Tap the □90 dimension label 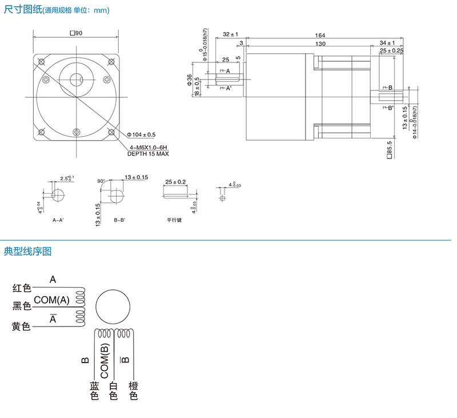click(x=76, y=33)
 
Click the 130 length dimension click(x=320, y=43)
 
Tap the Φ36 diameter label click(x=189, y=79)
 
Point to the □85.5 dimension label click(x=390, y=149)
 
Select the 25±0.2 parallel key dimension click(x=175, y=182)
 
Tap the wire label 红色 click(x=22, y=288)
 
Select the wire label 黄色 click(x=22, y=327)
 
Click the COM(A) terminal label click(x=51, y=300)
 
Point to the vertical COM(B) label click(x=104, y=357)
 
